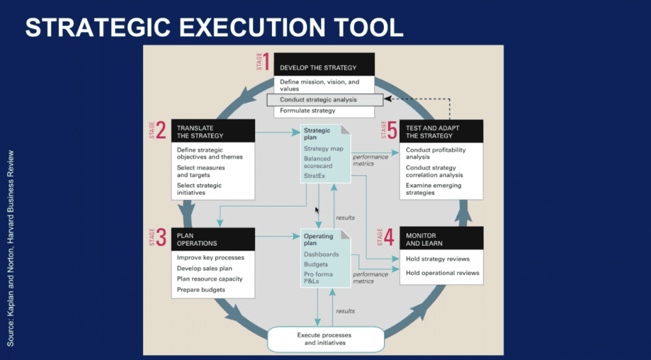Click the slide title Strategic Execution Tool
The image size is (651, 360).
214,28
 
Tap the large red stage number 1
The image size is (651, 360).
266,62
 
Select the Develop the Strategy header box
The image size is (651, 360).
324,64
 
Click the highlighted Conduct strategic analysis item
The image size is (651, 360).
325,100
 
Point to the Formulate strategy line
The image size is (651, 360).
308,110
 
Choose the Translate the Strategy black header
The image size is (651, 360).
213,131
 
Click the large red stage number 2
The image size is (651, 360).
161,130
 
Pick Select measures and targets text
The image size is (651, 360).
201,171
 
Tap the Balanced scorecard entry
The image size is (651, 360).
318,162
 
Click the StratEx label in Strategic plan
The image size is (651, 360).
314,176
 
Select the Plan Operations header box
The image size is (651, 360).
213,239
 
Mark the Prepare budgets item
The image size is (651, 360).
201,290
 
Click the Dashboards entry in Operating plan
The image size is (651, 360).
321,254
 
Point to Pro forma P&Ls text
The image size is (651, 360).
319,277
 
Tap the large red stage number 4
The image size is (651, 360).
388,237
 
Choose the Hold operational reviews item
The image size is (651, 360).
442,273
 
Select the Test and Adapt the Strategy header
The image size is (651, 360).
441,131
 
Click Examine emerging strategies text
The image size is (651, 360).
434,189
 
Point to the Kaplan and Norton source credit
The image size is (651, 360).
11,248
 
